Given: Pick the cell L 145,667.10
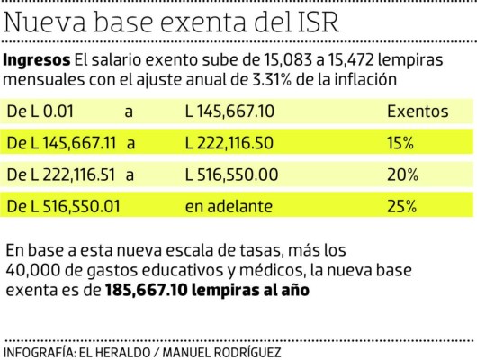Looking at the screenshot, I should (229, 112).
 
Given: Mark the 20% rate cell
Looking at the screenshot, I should (401, 175).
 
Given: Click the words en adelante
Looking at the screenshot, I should (229, 206).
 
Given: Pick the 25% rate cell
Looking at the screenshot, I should (401, 206).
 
